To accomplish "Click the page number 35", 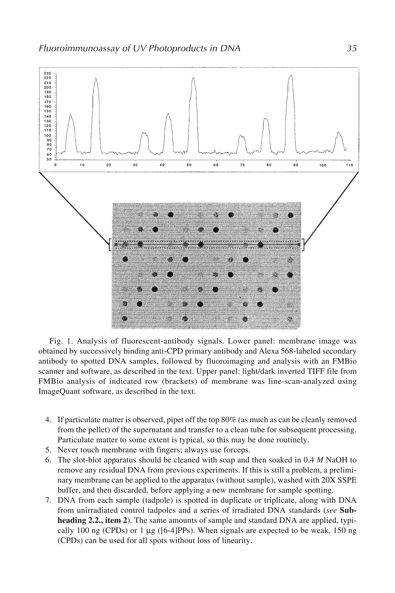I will click(x=351, y=48).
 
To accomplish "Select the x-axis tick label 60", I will click(x=216, y=165).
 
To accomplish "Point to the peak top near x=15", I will click(x=96, y=78).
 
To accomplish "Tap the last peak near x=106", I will click(x=338, y=132).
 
